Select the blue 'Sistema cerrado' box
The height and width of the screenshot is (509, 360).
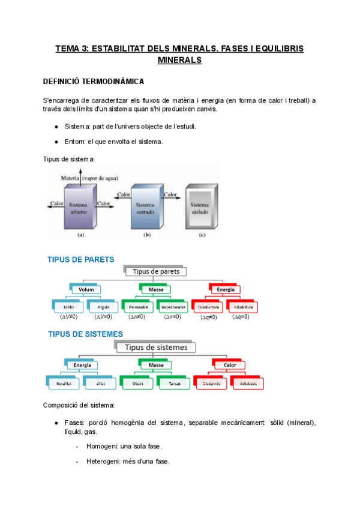(x=146, y=209)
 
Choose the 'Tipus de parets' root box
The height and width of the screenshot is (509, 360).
(x=156, y=271)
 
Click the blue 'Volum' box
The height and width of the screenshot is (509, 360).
(x=86, y=289)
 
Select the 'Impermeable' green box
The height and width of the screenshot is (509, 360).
(x=173, y=307)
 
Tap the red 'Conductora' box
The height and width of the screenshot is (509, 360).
(x=208, y=307)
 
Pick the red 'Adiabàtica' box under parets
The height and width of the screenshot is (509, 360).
(x=243, y=307)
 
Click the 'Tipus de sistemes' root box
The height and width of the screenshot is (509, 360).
(x=156, y=348)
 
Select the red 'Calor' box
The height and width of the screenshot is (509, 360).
(x=230, y=364)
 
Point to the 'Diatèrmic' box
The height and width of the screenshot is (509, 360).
(x=212, y=382)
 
